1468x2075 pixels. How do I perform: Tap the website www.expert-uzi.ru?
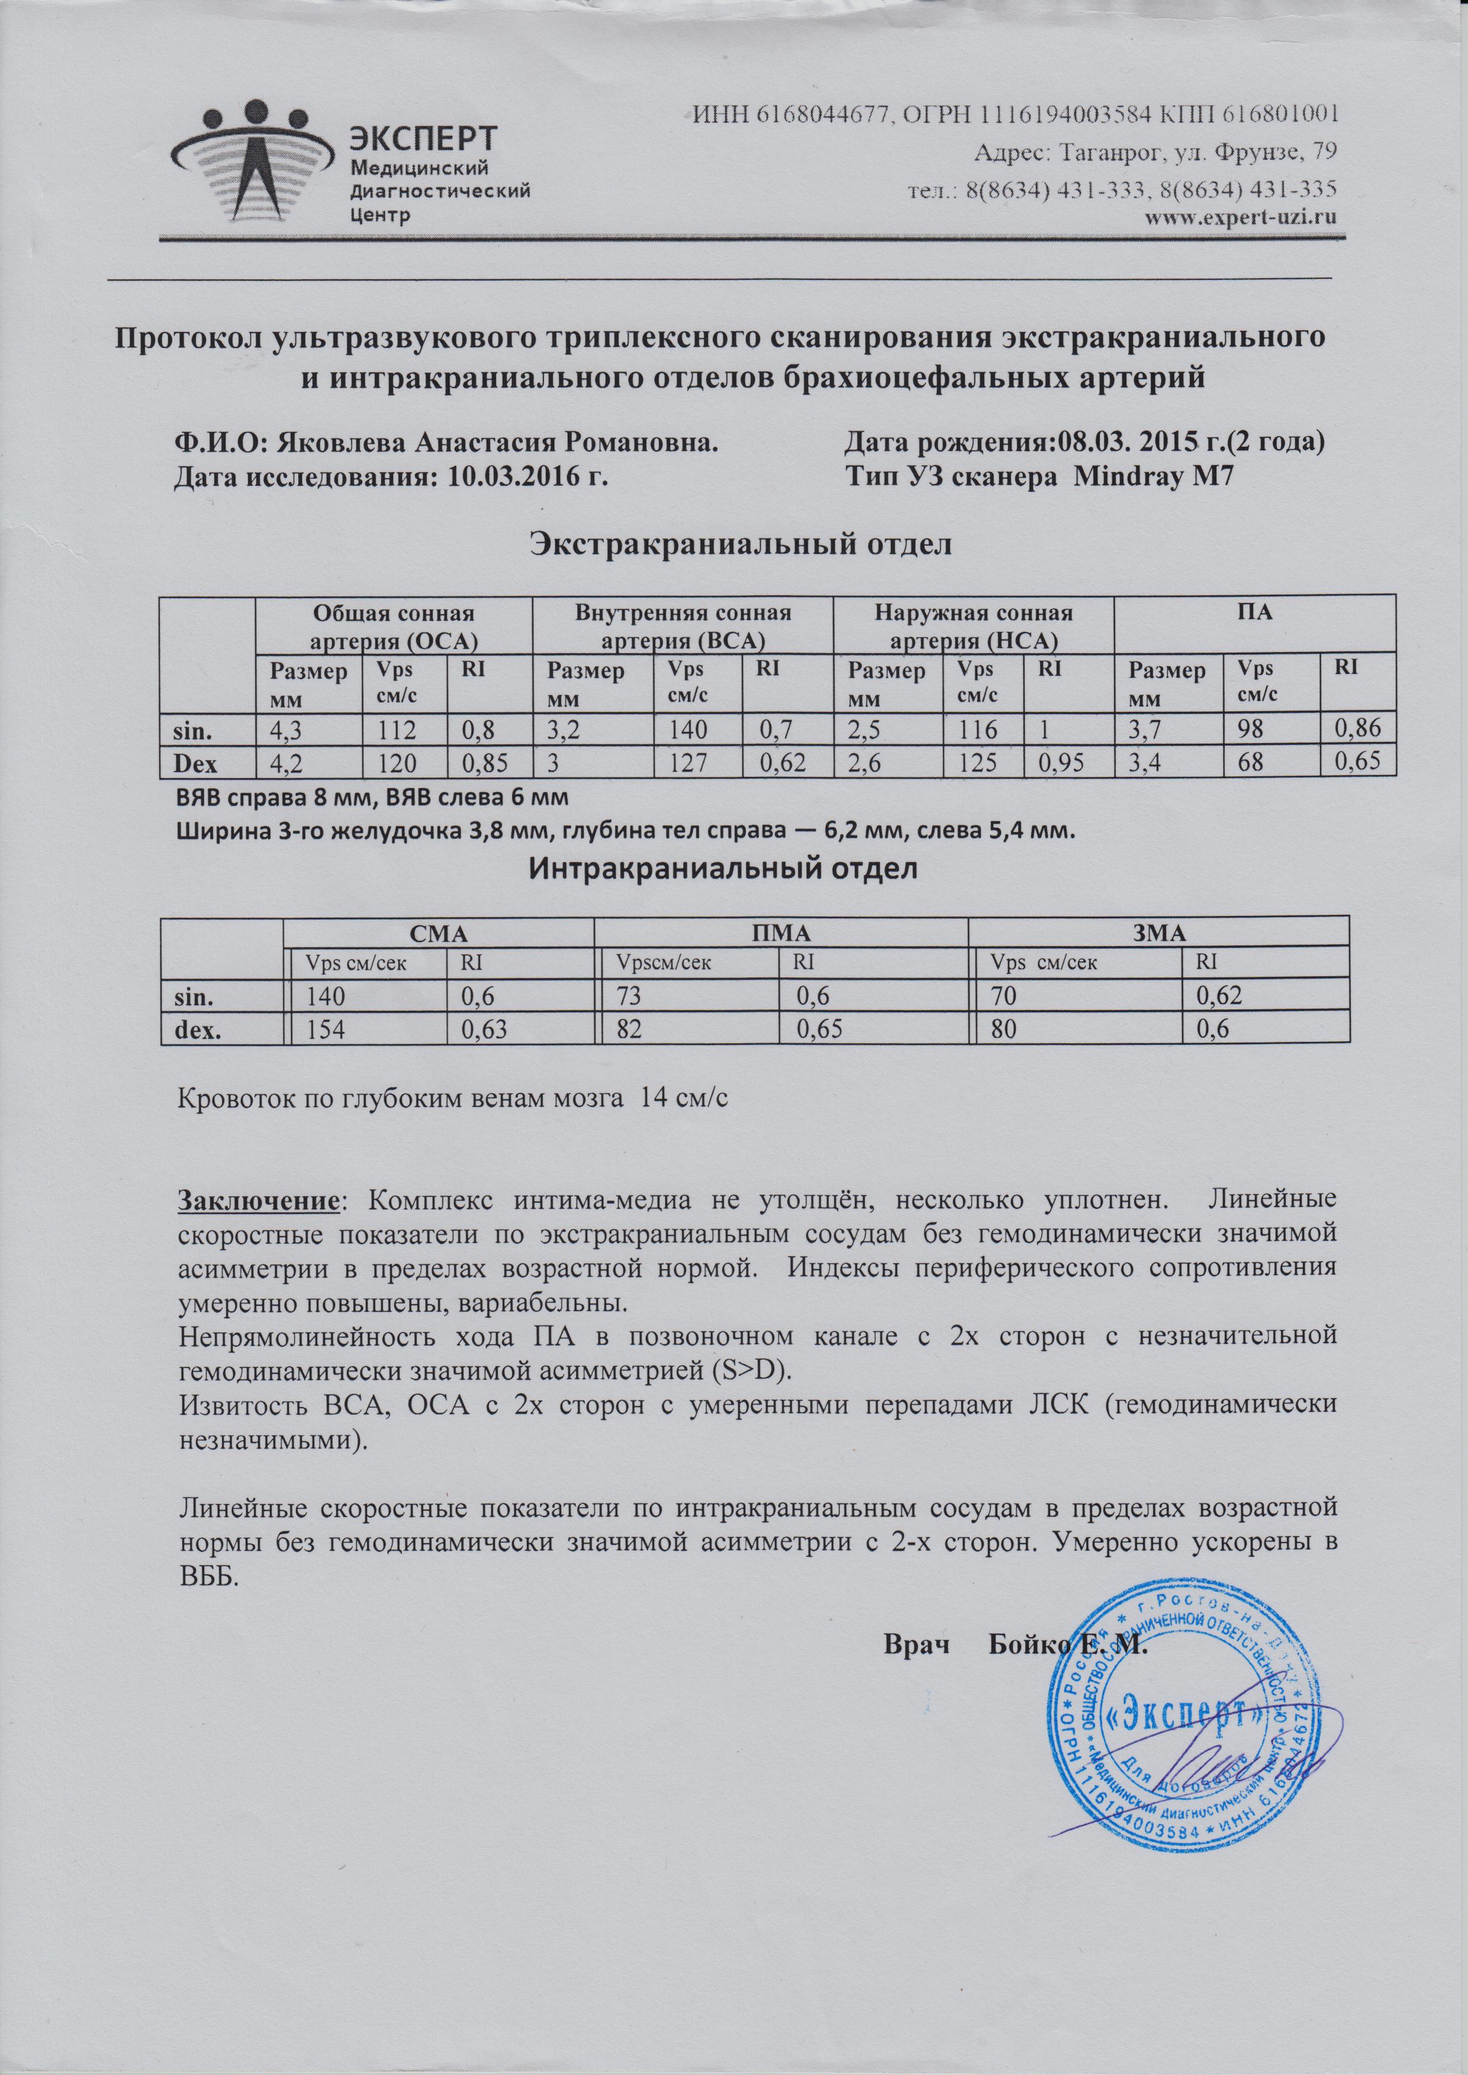coord(1241,217)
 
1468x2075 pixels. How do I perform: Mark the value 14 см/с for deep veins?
coord(683,1099)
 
